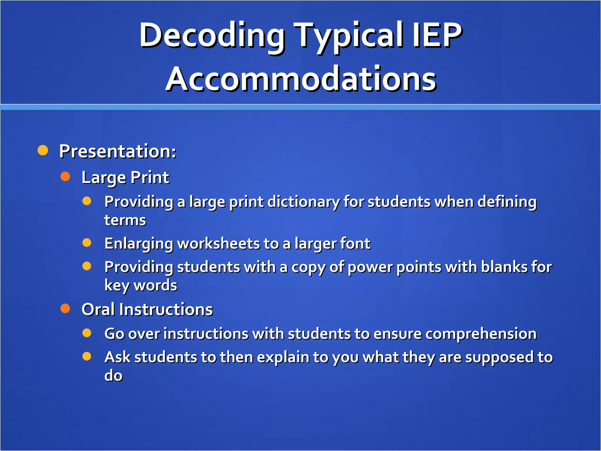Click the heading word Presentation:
118,151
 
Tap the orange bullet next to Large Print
65,176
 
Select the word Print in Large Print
150,177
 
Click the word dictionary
303,202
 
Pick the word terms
125,220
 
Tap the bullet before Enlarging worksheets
87,243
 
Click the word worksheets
219,244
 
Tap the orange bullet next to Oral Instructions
65,308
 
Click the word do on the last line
113,375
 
